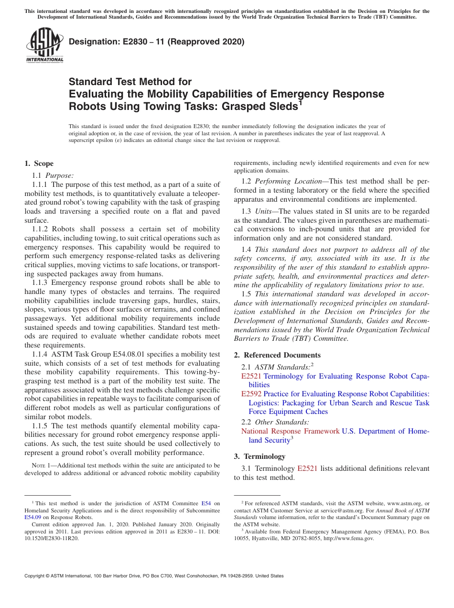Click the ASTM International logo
point(44,45)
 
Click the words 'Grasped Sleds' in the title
point(264,106)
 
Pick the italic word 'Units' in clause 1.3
point(263,211)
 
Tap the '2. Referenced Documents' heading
point(277,355)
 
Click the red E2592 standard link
point(251,394)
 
